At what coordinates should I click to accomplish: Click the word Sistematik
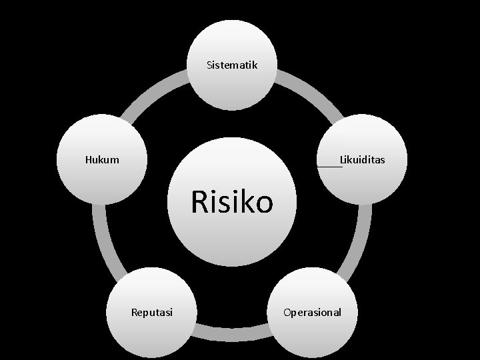(231, 65)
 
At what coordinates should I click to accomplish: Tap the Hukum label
(102, 160)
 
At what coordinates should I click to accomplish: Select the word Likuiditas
(362, 160)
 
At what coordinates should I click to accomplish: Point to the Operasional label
(312, 312)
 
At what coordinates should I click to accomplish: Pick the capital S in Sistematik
(209, 65)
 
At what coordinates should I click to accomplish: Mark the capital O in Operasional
(287, 311)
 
